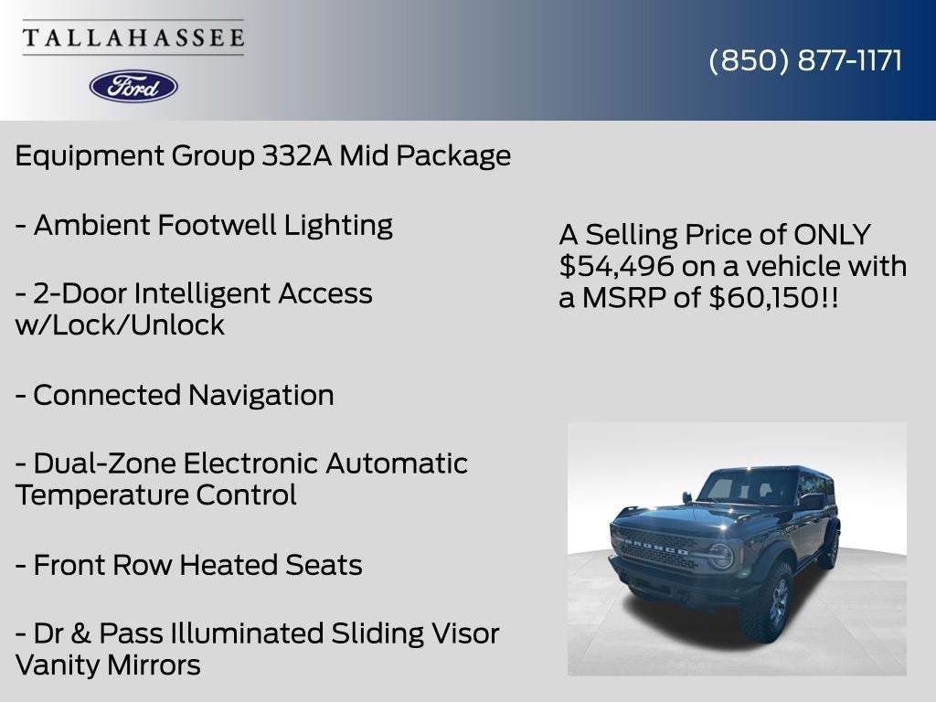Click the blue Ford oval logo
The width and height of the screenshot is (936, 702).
click(x=133, y=86)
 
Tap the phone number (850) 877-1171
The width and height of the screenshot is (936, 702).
click(x=805, y=60)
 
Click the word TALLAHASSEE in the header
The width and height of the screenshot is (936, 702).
click(x=133, y=38)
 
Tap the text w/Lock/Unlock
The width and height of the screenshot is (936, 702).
click(x=120, y=325)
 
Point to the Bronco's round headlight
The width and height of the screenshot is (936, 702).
click(x=721, y=556)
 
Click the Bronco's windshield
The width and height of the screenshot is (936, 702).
click(x=745, y=486)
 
